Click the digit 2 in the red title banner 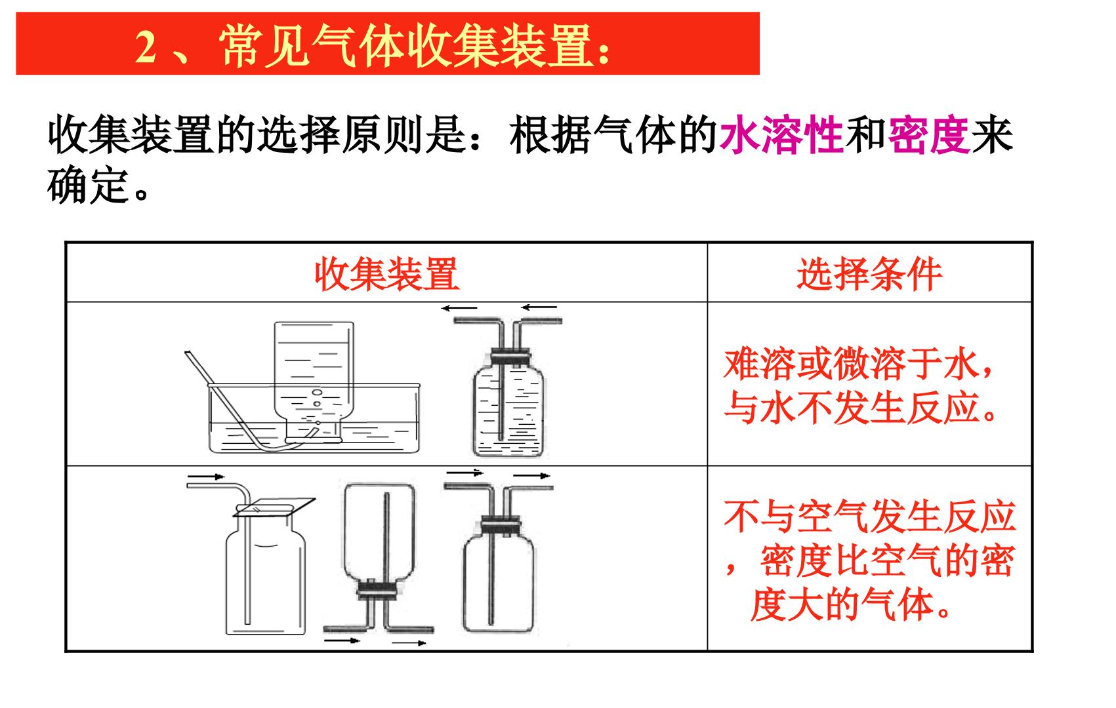[146, 47]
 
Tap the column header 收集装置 [386, 274]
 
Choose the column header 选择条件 [869, 274]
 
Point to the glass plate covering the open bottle [275, 507]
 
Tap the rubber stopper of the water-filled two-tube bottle [510, 357]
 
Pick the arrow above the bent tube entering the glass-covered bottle [206, 477]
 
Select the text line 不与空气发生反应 [870, 517]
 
